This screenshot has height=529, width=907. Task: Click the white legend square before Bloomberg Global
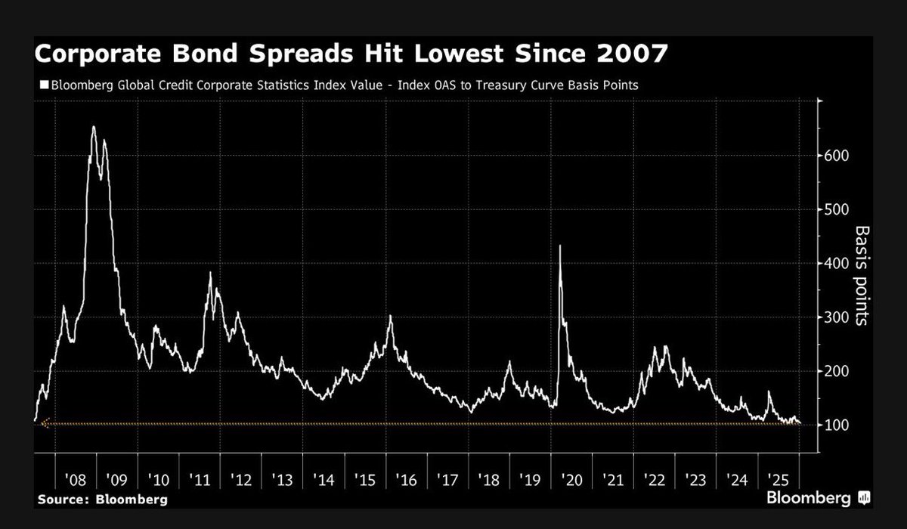click(44, 85)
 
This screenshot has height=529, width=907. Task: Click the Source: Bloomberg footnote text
click(91, 500)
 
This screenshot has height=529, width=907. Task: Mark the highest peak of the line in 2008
click(93, 127)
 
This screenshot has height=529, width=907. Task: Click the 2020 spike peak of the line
click(560, 246)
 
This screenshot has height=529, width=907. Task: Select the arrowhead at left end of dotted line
click(44, 424)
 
